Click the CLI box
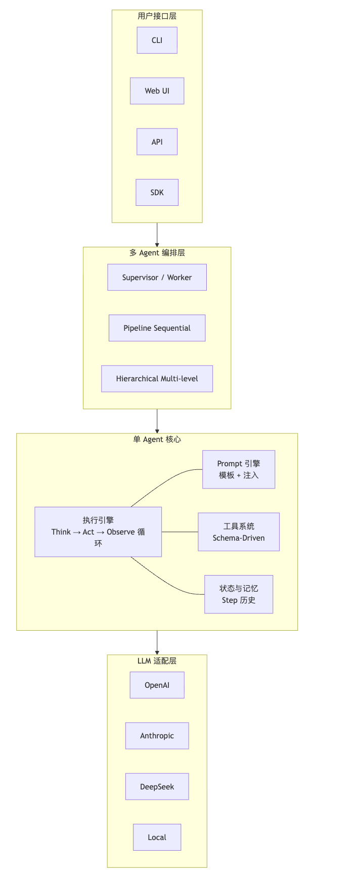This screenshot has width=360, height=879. pyautogui.click(x=157, y=40)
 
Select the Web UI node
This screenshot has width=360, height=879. pyautogui.click(x=157, y=91)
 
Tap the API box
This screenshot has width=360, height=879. pyautogui.click(x=157, y=142)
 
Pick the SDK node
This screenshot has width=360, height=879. pyautogui.click(x=157, y=192)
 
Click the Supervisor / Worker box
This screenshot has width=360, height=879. pyautogui.click(x=157, y=277)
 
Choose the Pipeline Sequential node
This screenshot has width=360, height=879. pyautogui.click(x=157, y=328)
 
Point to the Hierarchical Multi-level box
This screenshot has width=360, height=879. pyautogui.click(x=157, y=379)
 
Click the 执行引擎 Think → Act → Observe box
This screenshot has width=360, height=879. pyautogui.click(x=98, y=532)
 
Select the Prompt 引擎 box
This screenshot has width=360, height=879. pyautogui.click(x=239, y=469)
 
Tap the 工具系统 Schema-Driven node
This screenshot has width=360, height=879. pyautogui.click(x=239, y=532)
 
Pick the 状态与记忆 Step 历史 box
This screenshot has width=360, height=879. pyautogui.click(x=239, y=594)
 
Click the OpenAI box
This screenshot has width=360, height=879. pyautogui.click(x=157, y=685)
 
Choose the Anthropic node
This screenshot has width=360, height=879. pyautogui.click(x=157, y=736)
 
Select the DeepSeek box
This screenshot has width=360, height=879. pyautogui.click(x=157, y=786)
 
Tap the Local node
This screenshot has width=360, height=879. pyautogui.click(x=157, y=837)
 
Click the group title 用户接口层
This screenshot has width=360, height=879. pyautogui.click(x=157, y=16)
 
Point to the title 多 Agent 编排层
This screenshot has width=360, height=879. pyautogui.click(x=157, y=253)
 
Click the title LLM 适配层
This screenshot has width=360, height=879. pyautogui.click(x=157, y=661)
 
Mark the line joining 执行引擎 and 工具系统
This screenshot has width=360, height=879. pyautogui.click(x=179, y=532)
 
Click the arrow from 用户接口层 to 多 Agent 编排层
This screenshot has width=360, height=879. pyautogui.click(x=157, y=235)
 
